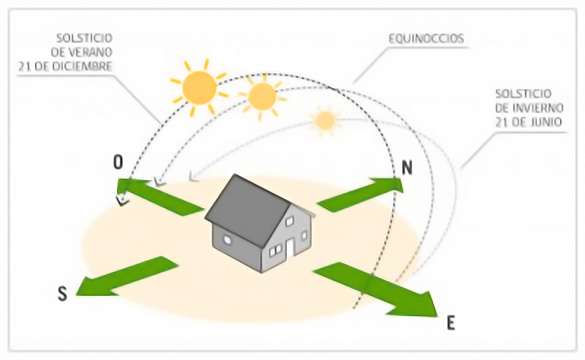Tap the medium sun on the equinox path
click(262, 96)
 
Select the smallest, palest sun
click(325, 120)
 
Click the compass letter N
click(407, 168)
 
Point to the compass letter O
click(118, 162)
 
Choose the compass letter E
click(451, 323)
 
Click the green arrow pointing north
click(360, 193)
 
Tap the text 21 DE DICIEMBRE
click(66, 66)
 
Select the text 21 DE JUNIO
click(529, 121)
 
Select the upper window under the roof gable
click(289, 221)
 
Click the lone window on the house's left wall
click(227, 240)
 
